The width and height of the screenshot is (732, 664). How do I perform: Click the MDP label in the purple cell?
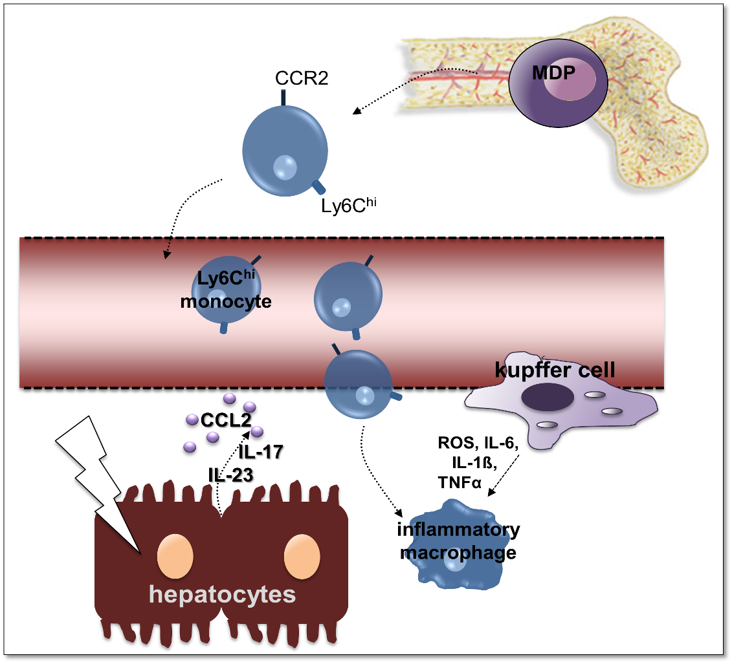(x=553, y=73)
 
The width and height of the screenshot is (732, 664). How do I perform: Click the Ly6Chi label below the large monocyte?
(x=348, y=206)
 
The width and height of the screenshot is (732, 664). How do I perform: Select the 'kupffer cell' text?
(x=555, y=370)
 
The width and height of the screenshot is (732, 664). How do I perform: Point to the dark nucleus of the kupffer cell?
(x=547, y=396)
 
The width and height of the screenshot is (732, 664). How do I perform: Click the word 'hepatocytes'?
(x=222, y=594)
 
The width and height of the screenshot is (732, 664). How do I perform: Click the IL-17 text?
(x=261, y=452)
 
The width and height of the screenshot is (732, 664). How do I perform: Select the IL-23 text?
(x=230, y=474)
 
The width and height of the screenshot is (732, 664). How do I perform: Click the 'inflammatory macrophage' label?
(x=458, y=541)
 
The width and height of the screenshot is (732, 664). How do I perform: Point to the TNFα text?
(x=460, y=482)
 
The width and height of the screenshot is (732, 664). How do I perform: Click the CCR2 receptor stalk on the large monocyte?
(x=283, y=97)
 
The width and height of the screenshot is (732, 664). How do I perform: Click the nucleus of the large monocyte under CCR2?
(x=285, y=167)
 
